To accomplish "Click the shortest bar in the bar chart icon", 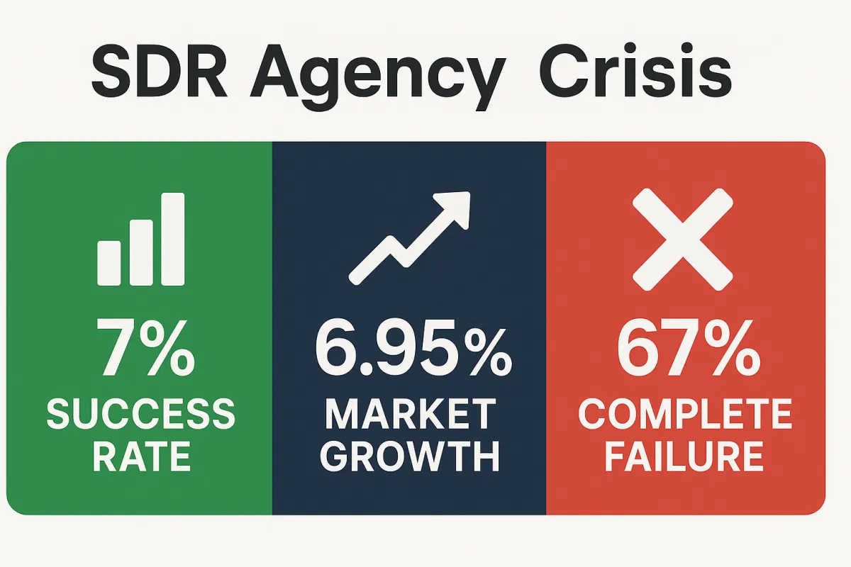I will tap(109, 263).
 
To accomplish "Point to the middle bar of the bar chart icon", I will tap(141, 252).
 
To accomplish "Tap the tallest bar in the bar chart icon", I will tap(173, 239).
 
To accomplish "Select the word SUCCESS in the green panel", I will tap(140, 414).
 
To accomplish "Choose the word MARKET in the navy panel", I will tap(410, 414).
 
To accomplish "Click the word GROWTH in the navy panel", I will tap(410, 457).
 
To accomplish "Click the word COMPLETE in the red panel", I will tap(684, 414).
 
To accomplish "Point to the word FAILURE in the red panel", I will tap(684, 457).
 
